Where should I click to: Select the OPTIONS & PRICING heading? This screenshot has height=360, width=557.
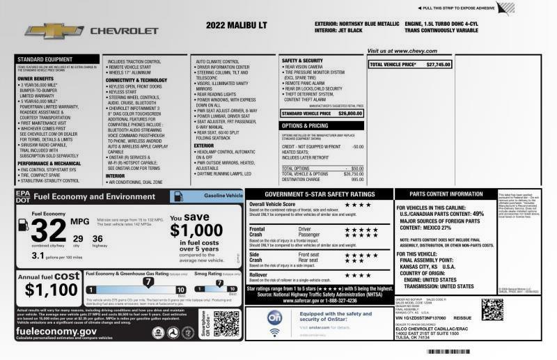[x=305, y=125]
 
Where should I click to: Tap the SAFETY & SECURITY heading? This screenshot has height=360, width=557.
[x=302, y=61]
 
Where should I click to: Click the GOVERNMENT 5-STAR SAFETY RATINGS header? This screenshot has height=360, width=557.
[x=315, y=194]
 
